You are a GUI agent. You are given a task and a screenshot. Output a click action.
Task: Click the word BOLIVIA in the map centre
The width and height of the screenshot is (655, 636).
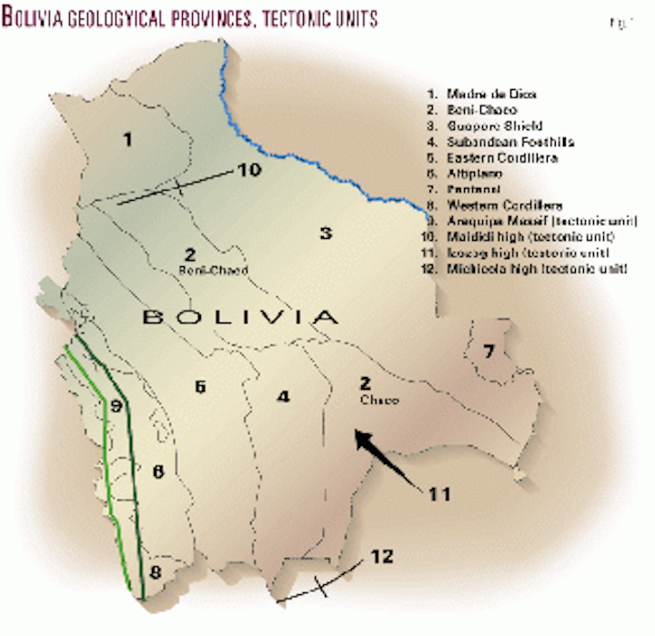(239, 317)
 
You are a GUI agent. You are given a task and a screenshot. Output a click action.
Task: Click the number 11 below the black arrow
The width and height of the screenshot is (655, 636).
(438, 494)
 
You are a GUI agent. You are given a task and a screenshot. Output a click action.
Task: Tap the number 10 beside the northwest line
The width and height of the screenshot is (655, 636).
(248, 170)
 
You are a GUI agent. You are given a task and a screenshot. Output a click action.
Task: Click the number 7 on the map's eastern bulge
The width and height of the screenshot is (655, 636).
(489, 350)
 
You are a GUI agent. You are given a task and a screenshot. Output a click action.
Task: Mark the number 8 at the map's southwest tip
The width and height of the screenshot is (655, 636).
(156, 572)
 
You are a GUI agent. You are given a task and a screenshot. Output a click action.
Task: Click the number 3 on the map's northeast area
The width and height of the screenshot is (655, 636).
(325, 233)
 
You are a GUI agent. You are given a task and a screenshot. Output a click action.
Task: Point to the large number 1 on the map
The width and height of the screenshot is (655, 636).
(127, 139)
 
